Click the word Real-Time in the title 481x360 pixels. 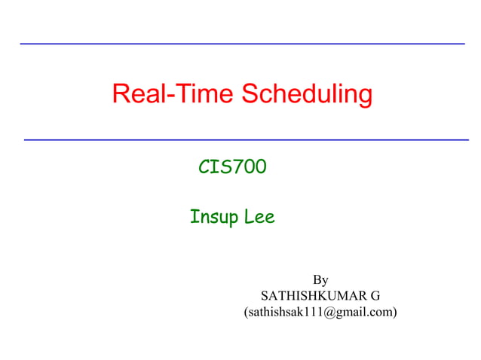(x=173, y=94)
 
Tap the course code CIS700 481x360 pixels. (x=232, y=167)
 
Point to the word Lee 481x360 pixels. (x=259, y=218)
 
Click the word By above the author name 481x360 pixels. (x=320, y=280)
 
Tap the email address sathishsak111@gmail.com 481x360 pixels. (x=320, y=310)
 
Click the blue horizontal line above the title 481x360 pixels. (x=241, y=44)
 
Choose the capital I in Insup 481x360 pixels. (x=194, y=218)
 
